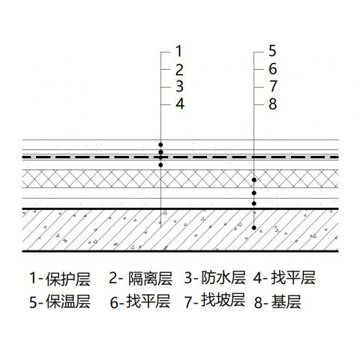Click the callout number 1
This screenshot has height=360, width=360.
point(178,51)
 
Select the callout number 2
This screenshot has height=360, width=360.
point(179,70)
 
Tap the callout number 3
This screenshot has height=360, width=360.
point(179,86)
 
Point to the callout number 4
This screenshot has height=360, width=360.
point(180,103)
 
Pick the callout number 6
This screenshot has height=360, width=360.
point(273,69)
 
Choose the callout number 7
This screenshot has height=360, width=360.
point(273,86)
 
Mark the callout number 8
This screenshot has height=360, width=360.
point(273,104)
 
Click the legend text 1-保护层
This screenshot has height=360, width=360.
point(60,278)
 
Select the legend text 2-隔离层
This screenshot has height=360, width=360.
point(141,278)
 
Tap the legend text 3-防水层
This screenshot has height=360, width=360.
point(215,277)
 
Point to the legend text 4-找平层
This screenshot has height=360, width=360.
point(284,277)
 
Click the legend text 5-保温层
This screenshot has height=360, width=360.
point(60,301)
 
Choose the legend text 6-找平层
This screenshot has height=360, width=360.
point(140,301)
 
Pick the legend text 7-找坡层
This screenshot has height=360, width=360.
point(215,300)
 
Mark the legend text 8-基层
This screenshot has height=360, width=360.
point(277,301)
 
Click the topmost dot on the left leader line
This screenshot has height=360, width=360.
point(160,145)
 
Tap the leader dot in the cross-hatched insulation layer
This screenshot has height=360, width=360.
point(254,180)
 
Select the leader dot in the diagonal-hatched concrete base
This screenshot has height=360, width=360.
point(254,228)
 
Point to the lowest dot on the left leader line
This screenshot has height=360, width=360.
point(160,165)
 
